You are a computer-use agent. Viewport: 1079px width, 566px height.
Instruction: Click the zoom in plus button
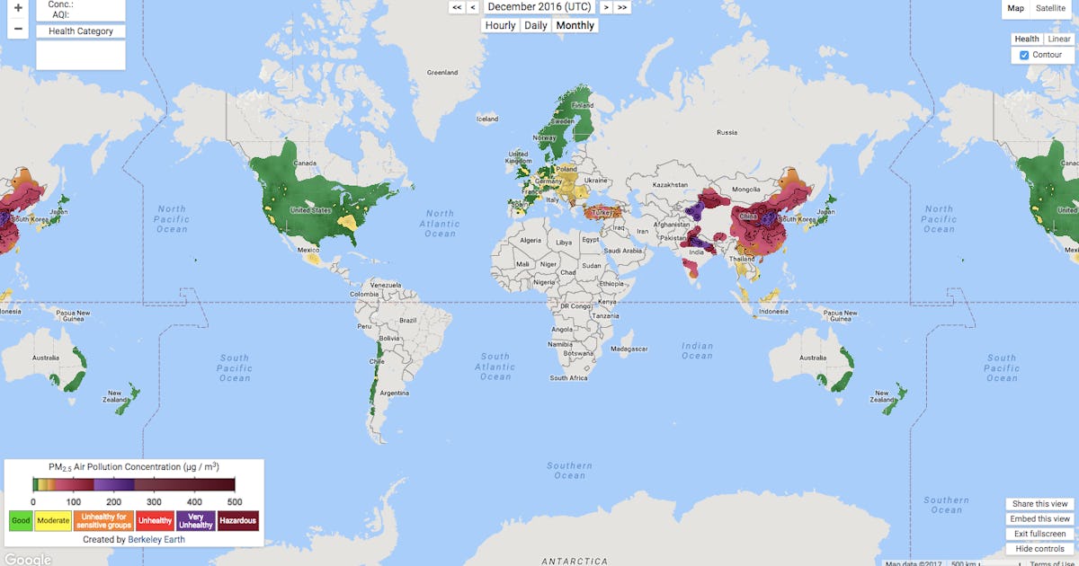tap(18, 7)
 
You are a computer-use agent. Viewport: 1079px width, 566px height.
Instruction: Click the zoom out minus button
tap(18, 29)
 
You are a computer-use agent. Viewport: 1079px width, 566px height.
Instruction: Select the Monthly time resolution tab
tap(575, 25)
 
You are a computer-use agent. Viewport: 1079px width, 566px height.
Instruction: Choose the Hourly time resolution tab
tap(500, 25)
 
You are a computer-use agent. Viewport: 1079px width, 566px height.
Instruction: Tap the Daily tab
tap(536, 25)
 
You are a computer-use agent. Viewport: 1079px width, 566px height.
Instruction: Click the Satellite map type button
tap(1050, 8)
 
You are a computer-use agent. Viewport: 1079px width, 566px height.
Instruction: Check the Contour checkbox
tap(1024, 55)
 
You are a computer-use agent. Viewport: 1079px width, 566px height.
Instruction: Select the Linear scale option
tap(1058, 39)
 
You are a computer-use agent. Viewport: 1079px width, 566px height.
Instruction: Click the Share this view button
tap(1039, 504)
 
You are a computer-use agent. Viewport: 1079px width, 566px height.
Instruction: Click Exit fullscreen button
tap(1039, 534)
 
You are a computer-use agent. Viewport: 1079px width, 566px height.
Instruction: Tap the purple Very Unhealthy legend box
tap(196, 520)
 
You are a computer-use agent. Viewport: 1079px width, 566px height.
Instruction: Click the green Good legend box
tap(20, 520)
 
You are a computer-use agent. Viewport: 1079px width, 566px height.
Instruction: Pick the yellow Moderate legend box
tap(53, 520)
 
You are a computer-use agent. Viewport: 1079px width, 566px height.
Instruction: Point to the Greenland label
tap(441, 72)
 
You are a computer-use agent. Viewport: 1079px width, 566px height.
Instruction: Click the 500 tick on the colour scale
tap(234, 502)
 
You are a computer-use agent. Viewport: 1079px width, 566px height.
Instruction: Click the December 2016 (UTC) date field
tap(539, 6)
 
